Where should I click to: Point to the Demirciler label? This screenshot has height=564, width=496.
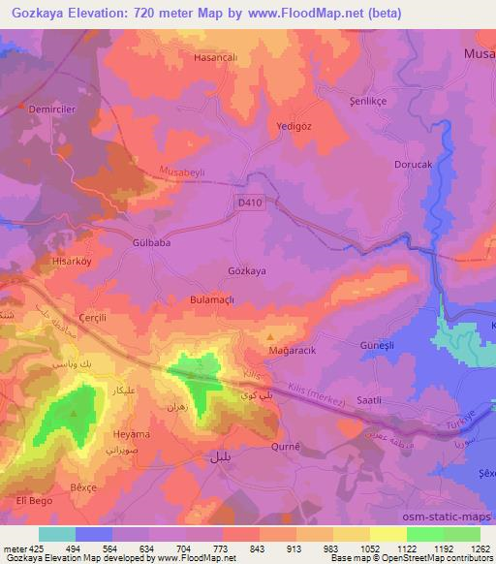(x=52, y=110)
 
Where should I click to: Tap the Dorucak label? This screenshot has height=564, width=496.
(x=412, y=165)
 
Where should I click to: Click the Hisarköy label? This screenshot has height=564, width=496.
(x=72, y=262)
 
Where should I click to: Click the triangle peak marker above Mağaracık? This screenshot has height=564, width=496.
(x=269, y=336)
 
